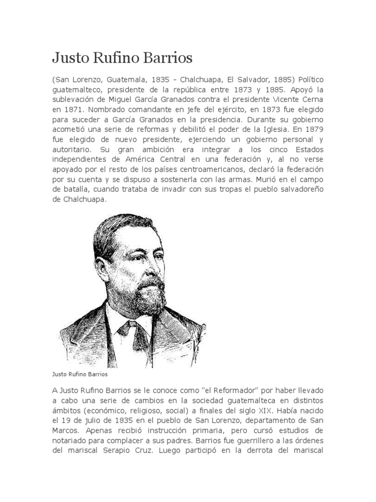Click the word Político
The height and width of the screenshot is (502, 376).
[x=308, y=80]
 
